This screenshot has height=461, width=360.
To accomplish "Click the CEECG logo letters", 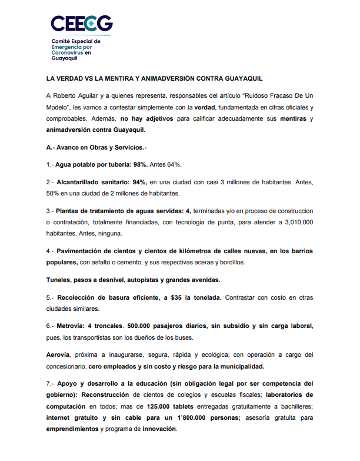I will click(x=82, y=24).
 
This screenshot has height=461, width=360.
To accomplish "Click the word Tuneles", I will click(x=60, y=279).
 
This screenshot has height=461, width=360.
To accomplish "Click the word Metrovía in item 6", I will click(x=70, y=326).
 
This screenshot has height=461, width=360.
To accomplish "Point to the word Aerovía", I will click(x=59, y=355).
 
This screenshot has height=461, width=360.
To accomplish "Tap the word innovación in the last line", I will click(x=158, y=429).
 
